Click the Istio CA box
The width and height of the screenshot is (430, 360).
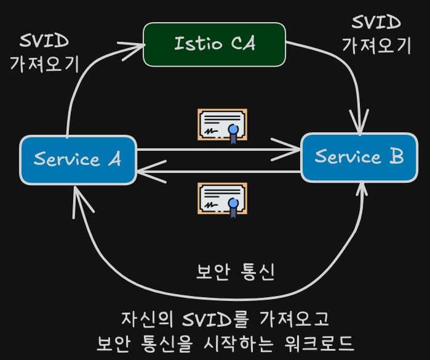pyautogui.click(x=215, y=44)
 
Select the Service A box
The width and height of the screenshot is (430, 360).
pyautogui.click(x=78, y=160)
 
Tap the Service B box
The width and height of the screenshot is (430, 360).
pyautogui.click(x=359, y=157)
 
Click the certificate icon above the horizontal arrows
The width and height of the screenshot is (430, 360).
pyautogui.click(x=223, y=126)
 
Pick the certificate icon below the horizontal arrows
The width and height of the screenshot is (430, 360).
pyautogui.click(x=223, y=200)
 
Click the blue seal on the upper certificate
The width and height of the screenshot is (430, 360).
pyautogui.click(x=233, y=129)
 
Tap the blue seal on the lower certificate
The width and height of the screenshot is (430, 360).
pyautogui.click(x=233, y=203)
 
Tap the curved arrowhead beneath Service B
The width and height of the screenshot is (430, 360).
pyautogui.click(x=362, y=190)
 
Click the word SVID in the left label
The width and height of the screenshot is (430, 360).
pyautogui.click(x=44, y=41)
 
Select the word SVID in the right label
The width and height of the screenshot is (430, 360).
pyautogui.click(x=376, y=22)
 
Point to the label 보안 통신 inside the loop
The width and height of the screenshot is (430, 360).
pyautogui.click(x=236, y=272)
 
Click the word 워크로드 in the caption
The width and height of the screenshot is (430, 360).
pyautogui.click(x=319, y=343)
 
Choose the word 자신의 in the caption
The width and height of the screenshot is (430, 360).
pyautogui.click(x=147, y=319)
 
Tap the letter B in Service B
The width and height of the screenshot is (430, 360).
pyautogui.click(x=397, y=156)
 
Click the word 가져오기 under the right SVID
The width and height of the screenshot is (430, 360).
pyautogui.click(x=376, y=46)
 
